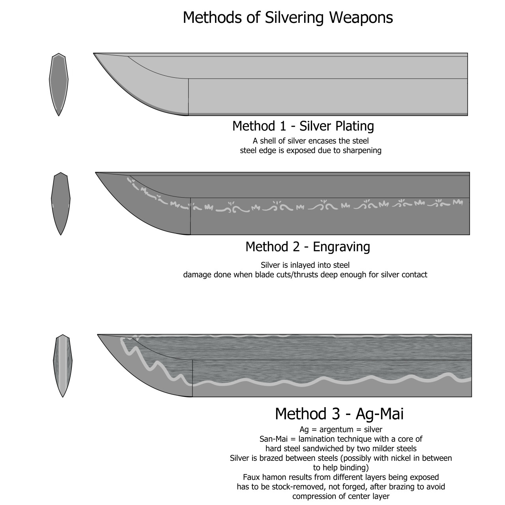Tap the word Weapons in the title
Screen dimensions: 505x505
361,18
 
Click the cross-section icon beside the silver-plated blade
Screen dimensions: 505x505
59,84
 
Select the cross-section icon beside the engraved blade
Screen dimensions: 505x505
60,204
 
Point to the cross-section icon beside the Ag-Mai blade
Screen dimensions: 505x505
63,366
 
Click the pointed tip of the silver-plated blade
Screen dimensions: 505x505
94,54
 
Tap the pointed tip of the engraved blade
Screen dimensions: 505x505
95,173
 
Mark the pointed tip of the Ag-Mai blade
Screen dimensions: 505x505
98,335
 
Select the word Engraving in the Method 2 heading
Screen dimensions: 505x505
341,247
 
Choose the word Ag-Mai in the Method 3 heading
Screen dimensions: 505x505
380,414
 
